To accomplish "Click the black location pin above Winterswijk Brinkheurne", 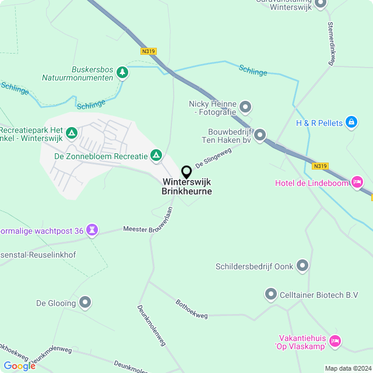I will (186, 172).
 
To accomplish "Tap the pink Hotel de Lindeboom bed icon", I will (358, 183).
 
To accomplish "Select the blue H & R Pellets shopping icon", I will (351, 122).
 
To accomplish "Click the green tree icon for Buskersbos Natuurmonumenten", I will (122, 72).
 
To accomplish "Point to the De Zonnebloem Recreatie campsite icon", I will (156, 155).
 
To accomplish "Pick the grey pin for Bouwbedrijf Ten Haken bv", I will (260, 135).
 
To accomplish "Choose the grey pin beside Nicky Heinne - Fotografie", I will (245, 107).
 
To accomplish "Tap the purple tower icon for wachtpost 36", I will (92, 230).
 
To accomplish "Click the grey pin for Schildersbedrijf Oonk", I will (302, 266).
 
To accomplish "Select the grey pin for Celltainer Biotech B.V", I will (271, 294).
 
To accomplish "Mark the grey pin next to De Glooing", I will (85, 302).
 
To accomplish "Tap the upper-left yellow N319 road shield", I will (149, 51).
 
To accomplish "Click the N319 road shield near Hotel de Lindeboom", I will (320, 166).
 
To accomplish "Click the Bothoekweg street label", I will (191, 308).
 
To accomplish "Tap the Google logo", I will (19, 365).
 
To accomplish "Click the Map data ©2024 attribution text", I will (348, 368).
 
